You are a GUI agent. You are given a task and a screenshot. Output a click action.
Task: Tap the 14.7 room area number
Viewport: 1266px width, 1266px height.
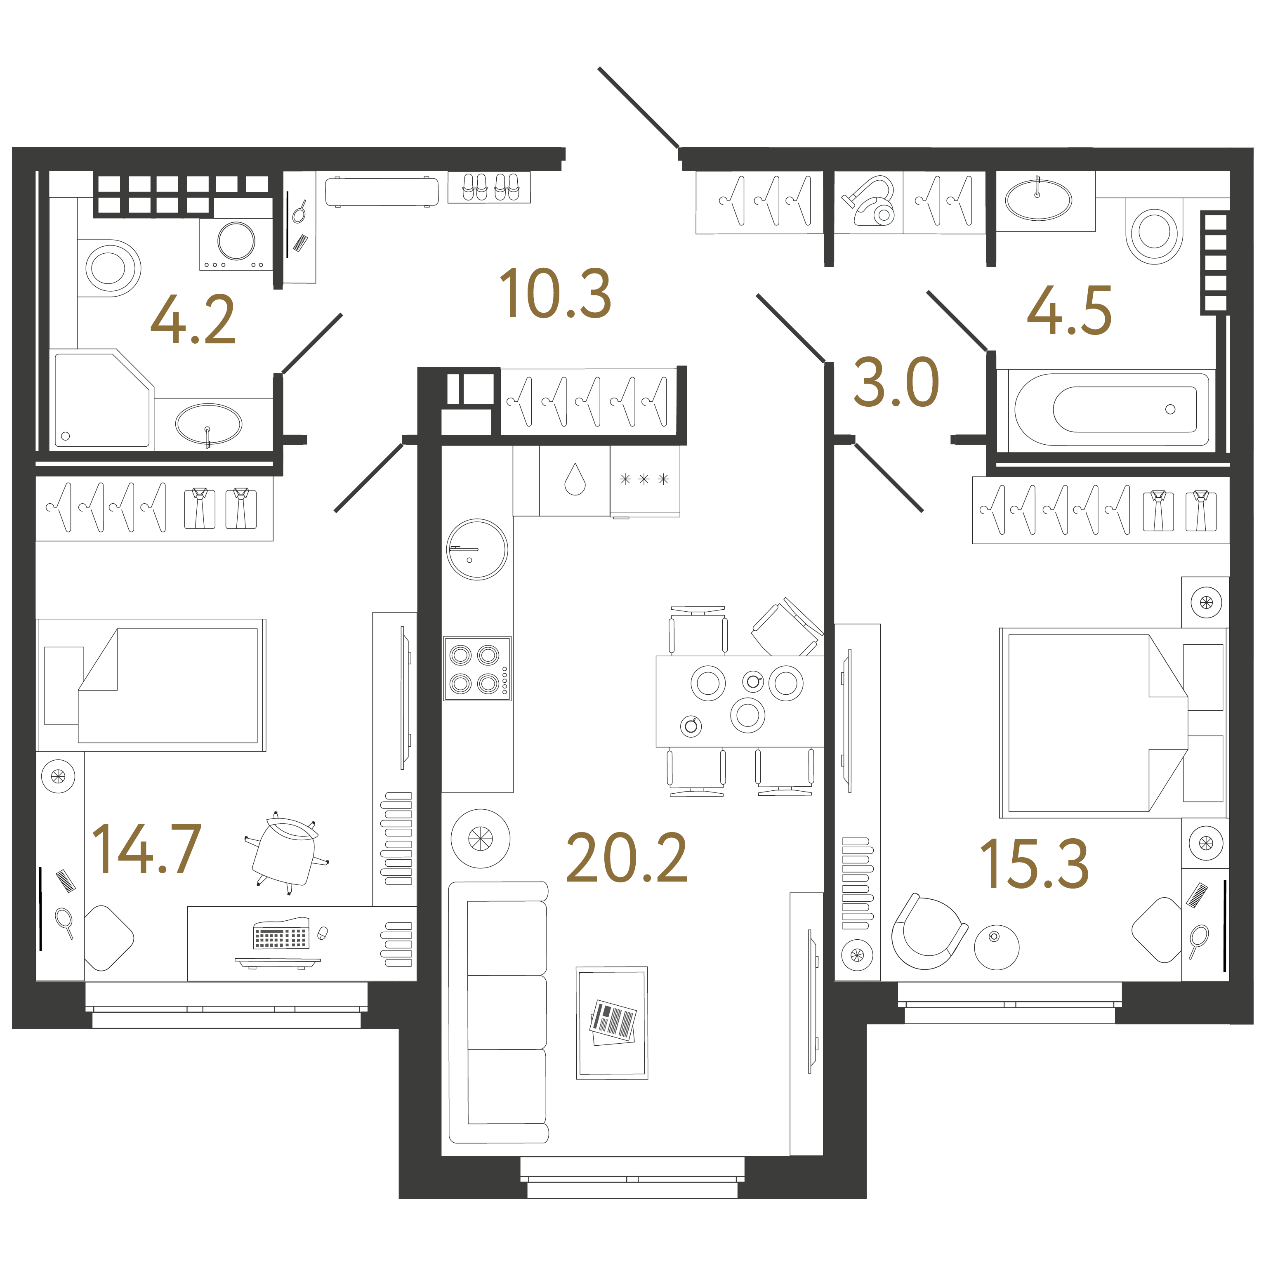click(146, 849)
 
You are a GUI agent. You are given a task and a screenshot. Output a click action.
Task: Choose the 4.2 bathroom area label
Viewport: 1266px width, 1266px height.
click(193, 321)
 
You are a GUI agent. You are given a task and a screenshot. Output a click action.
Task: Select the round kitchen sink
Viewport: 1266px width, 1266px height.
click(476, 549)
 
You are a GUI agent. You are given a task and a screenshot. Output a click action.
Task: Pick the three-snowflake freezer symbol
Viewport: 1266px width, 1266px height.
click(644, 479)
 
